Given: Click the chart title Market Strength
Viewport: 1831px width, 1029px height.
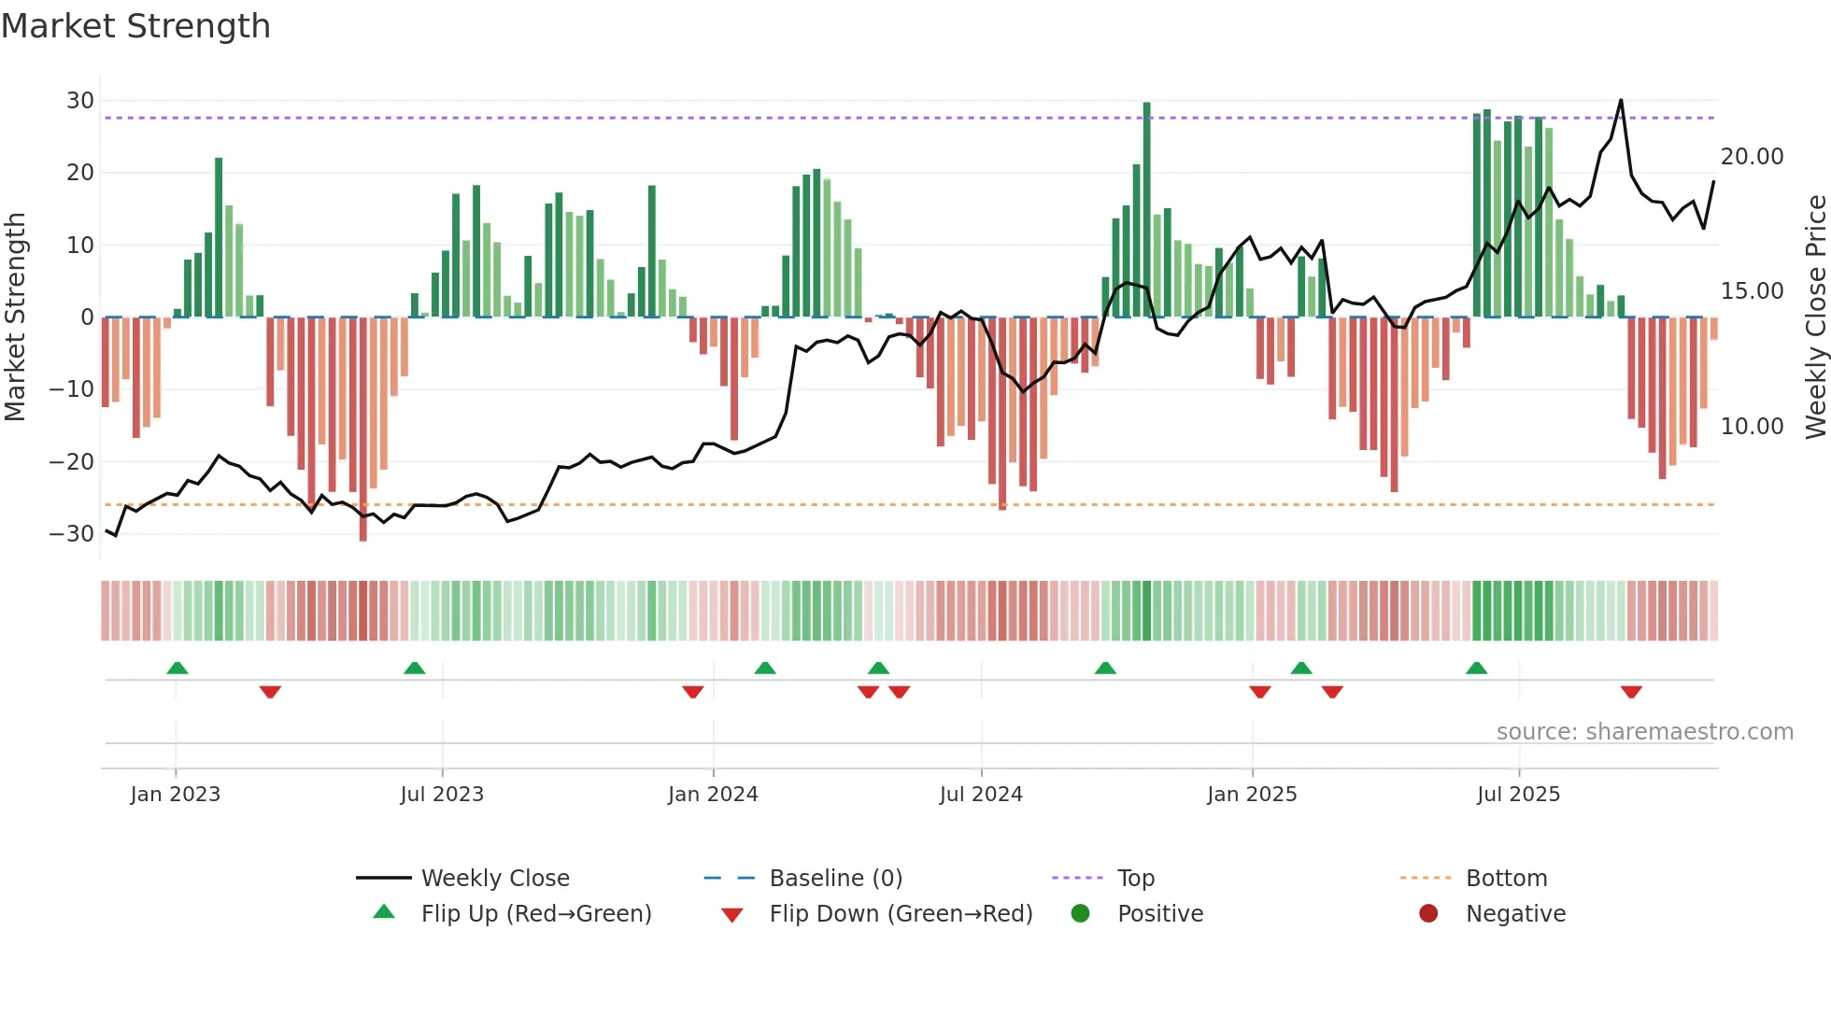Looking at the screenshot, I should click(135, 26).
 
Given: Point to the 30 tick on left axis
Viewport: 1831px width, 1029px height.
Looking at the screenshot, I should click(80, 101).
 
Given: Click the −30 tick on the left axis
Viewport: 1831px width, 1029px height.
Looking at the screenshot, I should click(72, 534).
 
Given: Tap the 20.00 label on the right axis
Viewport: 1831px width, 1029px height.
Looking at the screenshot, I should click(1752, 157).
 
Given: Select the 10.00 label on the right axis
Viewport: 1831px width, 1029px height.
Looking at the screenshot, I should click(1752, 427).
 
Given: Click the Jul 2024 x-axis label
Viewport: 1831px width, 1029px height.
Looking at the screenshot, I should click(981, 795).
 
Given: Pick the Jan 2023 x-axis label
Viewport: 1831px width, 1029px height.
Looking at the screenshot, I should click(176, 795).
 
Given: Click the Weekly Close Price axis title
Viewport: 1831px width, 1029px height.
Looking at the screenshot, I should click(1815, 317).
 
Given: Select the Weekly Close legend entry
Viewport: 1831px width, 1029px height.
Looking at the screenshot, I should click(494, 879).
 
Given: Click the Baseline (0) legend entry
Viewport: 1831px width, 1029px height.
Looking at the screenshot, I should click(835, 879).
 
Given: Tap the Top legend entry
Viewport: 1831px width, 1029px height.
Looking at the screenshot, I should click(1136, 879).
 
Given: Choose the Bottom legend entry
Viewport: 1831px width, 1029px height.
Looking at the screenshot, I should click(1506, 879).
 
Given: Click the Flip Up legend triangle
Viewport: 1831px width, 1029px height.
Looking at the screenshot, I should click(384, 912).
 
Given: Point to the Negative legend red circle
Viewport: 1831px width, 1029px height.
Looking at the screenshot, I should click(1428, 913).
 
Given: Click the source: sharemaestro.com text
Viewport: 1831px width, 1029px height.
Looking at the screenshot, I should click(1644, 732).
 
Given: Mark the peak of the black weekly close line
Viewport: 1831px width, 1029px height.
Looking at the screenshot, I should click(1621, 100).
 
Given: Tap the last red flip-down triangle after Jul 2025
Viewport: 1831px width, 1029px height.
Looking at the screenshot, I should click(1631, 692).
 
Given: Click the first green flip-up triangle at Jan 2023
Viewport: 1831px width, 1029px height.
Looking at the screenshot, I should click(177, 668).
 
